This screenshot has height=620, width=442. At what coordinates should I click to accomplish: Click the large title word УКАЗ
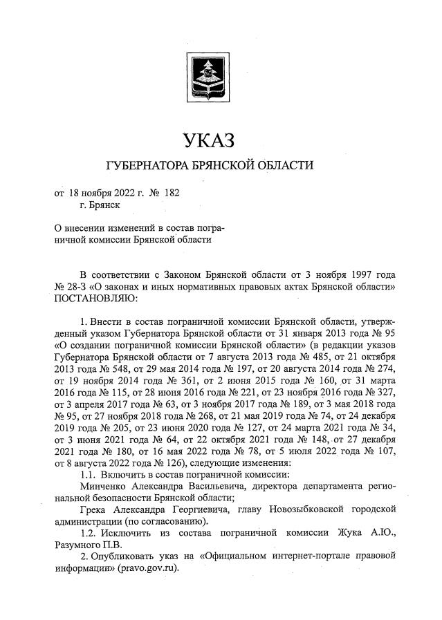click(209, 140)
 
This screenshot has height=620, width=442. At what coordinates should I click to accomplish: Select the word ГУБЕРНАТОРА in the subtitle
click(142, 166)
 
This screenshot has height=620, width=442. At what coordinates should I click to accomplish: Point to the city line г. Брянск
click(100, 205)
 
